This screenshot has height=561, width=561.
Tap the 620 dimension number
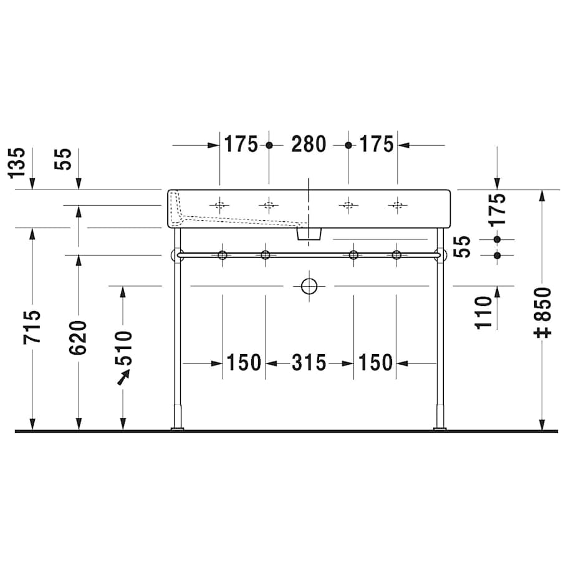tap(79, 338)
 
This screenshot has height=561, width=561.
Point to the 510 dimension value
tap(123, 348)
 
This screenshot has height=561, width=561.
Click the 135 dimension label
tap(18, 162)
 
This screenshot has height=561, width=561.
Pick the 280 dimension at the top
tap(309, 145)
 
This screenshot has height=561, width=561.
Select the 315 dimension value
tap(309, 363)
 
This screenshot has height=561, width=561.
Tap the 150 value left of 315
tap(244, 363)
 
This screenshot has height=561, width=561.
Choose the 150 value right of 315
tap(375, 363)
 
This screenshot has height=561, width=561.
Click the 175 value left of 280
tap(241, 145)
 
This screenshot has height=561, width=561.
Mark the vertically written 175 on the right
tap(497, 210)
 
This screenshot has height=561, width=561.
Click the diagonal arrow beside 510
tap(125, 376)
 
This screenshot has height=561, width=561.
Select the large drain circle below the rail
tap(309, 286)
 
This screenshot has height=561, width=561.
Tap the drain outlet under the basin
tap(309, 234)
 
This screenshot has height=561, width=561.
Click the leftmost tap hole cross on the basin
tap(219, 204)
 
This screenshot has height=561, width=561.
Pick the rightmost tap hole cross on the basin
tap(396, 204)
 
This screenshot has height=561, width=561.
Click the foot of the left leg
tap(178, 427)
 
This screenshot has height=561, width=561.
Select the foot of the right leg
tap(441, 427)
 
